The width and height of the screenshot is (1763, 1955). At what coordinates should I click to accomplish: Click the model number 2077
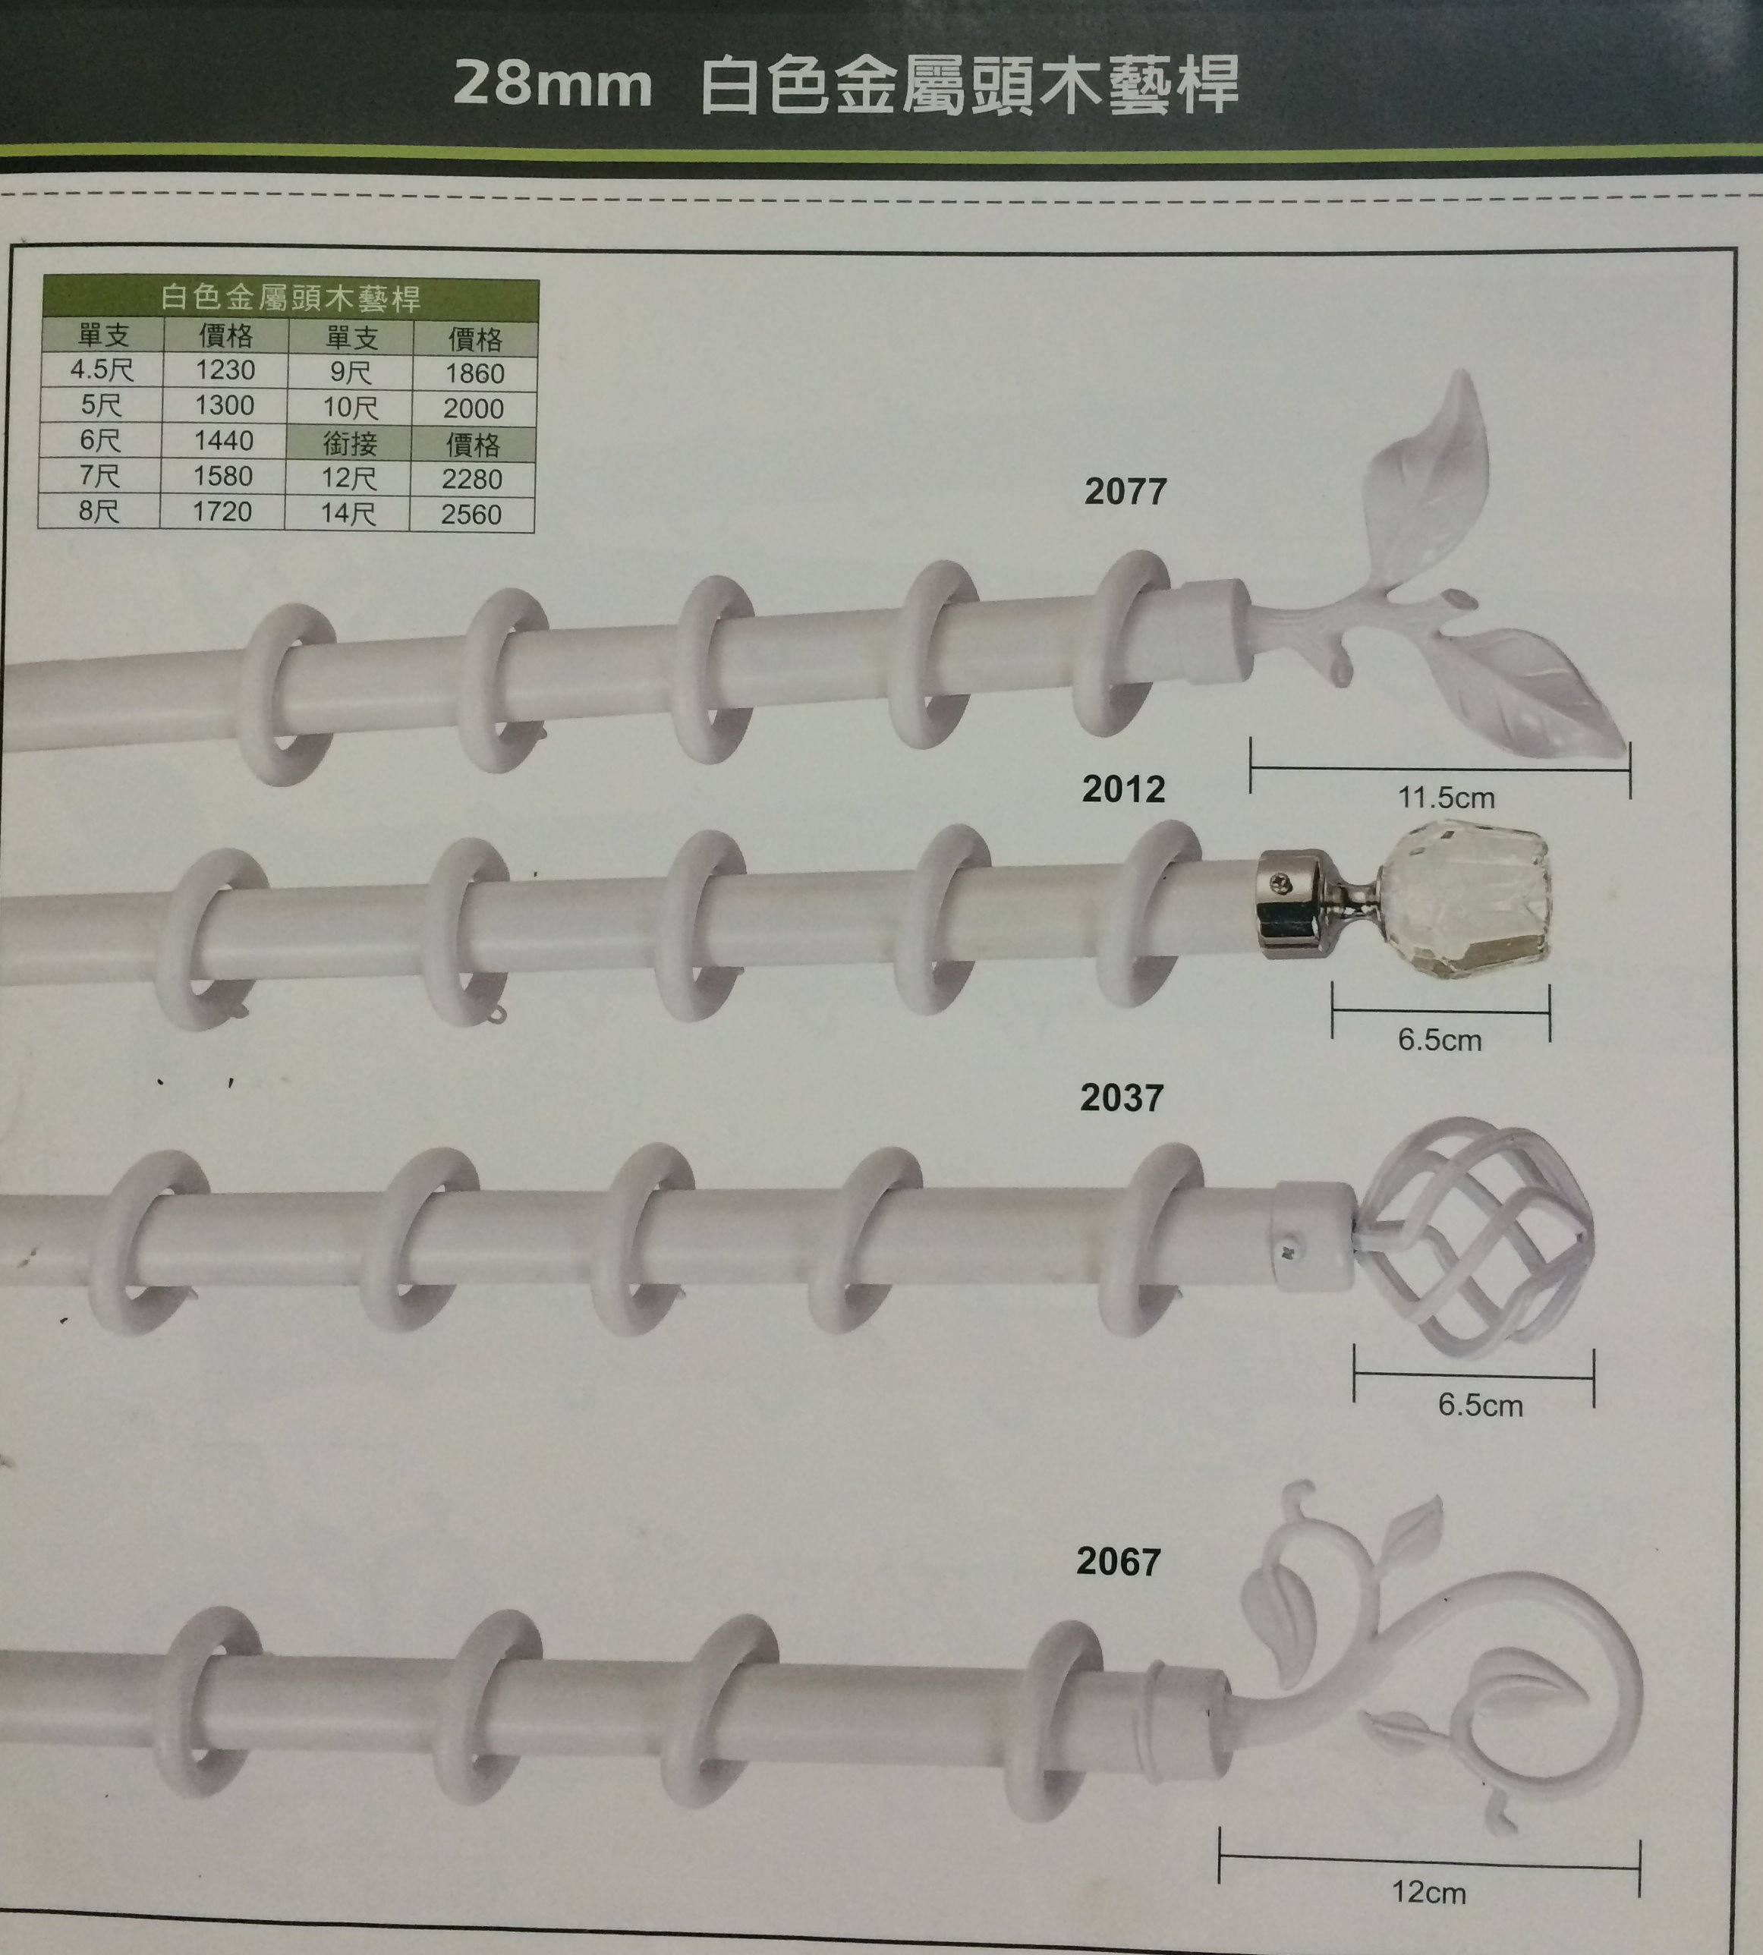1125,491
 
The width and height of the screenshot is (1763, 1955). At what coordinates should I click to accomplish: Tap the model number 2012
1122,789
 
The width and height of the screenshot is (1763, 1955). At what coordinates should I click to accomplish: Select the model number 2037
1121,1097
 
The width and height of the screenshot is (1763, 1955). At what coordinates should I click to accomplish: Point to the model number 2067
1118,1562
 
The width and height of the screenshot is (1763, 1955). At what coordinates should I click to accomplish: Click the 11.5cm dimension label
1445,798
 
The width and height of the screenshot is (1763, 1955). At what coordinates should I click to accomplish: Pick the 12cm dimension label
1429,1893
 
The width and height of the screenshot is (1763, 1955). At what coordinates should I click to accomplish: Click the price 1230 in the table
225,370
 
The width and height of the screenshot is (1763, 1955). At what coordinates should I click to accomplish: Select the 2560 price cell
472,515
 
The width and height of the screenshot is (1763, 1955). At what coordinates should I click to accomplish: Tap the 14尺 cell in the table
348,514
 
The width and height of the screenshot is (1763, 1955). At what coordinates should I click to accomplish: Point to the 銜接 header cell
350,444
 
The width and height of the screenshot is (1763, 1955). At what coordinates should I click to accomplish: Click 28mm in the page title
553,84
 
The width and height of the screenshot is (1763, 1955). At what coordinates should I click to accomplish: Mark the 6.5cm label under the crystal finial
1440,1040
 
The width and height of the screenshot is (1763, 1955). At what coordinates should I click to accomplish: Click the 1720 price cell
222,512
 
